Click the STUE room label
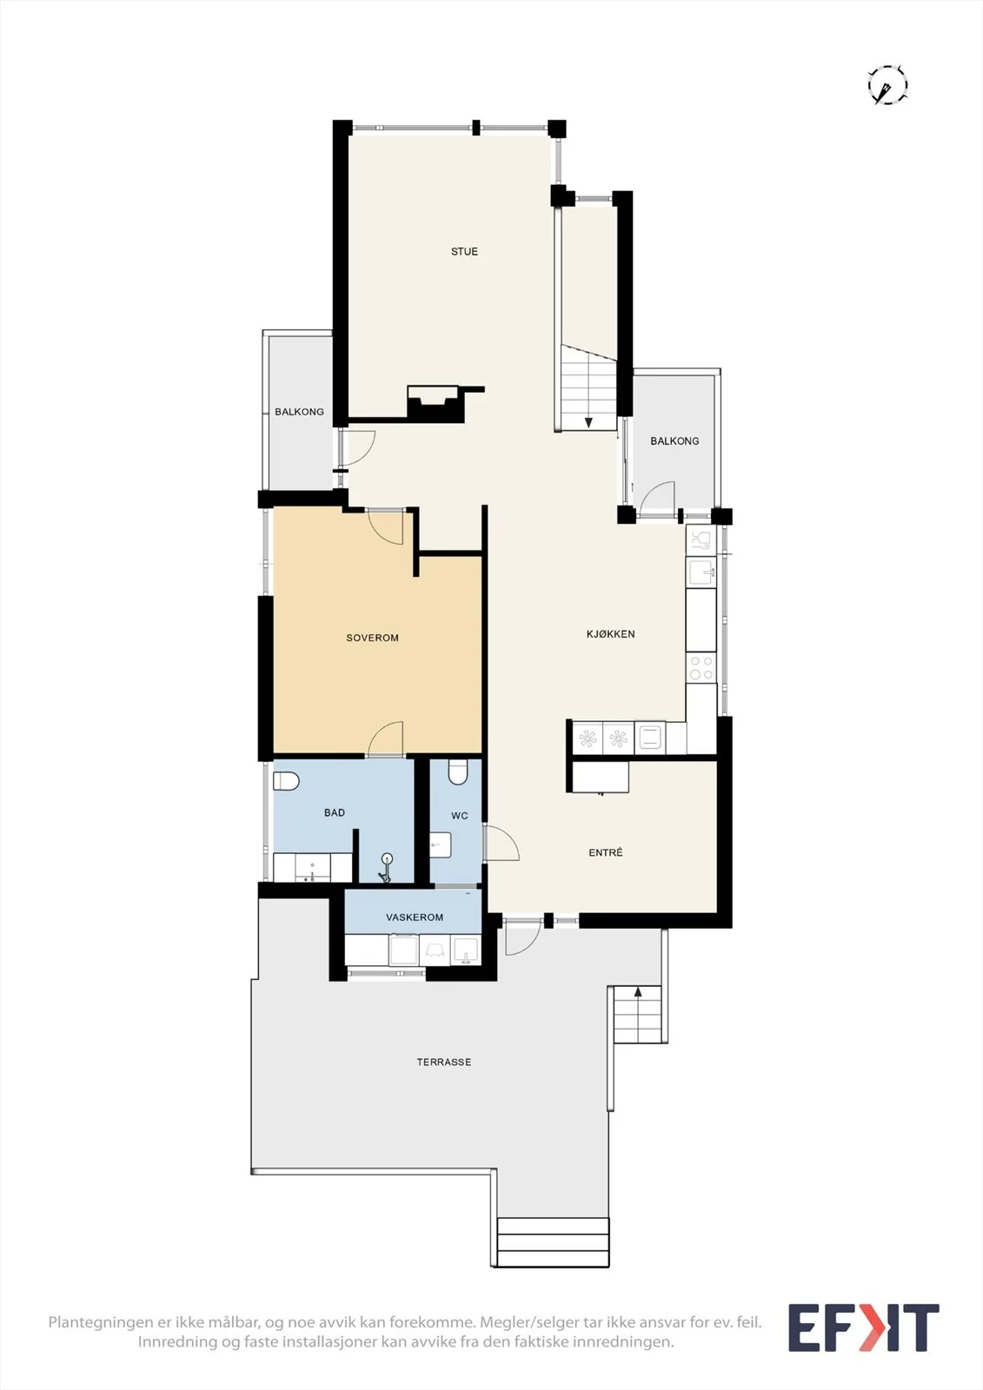pyautogui.click(x=464, y=251)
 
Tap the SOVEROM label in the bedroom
pyautogui.click(x=373, y=638)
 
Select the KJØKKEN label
pyautogui.click(x=610, y=633)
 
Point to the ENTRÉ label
pyautogui.click(x=606, y=852)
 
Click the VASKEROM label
pyautogui.click(x=415, y=917)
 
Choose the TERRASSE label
pyautogui.click(x=443, y=1062)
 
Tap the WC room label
pyautogui.click(x=460, y=816)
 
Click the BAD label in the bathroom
pyautogui.click(x=334, y=812)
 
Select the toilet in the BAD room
pyautogui.click(x=286, y=781)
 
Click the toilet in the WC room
pyautogui.click(x=458, y=772)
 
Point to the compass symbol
pyautogui.click(x=887, y=84)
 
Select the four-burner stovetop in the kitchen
pyautogui.click(x=701, y=668)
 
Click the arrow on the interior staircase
pyautogui.click(x=588, y=422)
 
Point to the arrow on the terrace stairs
pyautogui.click(x=638, y=992)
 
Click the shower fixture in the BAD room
pyautogui.click(x=386, y=868)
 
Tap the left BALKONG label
pyautogui.click(x=299, y=412)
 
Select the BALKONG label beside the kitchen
pyautogui.click(x=674, y=440)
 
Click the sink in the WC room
pyautogui.click(x=441, y=845)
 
